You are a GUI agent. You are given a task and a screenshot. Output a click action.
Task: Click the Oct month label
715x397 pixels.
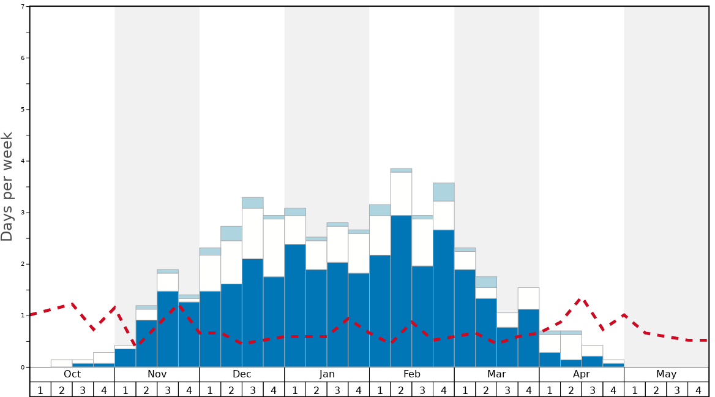pyautogui.click(x=72, y=374)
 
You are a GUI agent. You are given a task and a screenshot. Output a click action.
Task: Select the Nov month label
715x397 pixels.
pyautogui.click(x=157, y=374)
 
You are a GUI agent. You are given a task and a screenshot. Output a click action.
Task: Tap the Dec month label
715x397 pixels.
pyautogui.click(x=242, y=374)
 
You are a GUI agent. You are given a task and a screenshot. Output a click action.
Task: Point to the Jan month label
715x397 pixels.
pyautogui.click(x=327, y=374)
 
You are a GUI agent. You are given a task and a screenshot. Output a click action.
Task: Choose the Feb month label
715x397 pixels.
pyautogui.click(x=412, y=374)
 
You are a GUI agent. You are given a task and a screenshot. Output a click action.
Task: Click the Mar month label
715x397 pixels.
pyautogui.click(x=496, y=374)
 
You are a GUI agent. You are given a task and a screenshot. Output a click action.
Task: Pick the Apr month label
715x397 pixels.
pyautogui.click(x=582, y=374)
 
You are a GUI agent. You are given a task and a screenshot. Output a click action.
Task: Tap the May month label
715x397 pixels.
pyautogui.click(x=667, y=374)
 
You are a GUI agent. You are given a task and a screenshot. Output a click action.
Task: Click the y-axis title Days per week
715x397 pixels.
pyautogui.click(x=7, y=187)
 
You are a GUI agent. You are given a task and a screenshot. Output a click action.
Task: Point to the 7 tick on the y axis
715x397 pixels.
pyautogui.click(x=23, y=7)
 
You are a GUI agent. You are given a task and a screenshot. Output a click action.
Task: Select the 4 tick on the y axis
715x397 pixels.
pyautogui.click(x=23, y=161)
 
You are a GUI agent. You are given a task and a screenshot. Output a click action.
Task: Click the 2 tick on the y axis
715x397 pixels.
pyautogui.click(x=23, y=264)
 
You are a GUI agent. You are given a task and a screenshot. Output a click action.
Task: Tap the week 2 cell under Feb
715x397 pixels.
pyautogui.click(x=402, y=390)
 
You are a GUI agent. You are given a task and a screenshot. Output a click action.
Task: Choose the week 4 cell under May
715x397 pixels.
pyautogui.click(x=698, y=390)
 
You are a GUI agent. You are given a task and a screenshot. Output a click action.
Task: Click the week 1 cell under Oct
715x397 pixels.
pyautogui.click(x=40, y=390)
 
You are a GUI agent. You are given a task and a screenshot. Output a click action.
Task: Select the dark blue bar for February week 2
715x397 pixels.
pyautogui.click(x=402, y=291)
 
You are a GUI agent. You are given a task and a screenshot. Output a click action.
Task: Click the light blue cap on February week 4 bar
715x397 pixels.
pyautogui.click(x=444, y=192)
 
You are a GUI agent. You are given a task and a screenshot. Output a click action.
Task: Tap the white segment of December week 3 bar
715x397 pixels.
pyautogui.click(x=253, y=233)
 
